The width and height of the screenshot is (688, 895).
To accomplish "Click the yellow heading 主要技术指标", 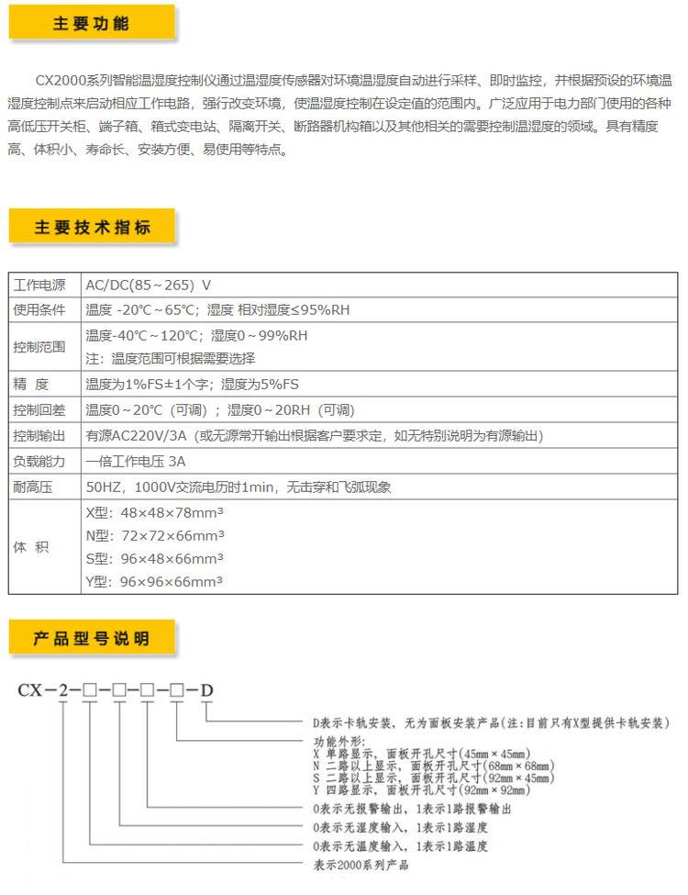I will pos(92,228).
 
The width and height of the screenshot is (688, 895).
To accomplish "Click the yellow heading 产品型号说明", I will pos(92,639).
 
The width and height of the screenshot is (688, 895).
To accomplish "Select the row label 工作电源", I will pos(39,285).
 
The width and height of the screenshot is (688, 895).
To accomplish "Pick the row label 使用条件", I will pos(39,310).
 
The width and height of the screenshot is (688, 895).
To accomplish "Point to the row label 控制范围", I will pos(39,347).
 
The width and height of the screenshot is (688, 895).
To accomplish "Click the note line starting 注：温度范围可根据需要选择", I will pos(170,359).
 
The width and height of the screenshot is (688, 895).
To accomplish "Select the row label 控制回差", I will pos(39,410).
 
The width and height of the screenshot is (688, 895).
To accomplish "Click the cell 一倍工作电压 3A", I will pos(135,462).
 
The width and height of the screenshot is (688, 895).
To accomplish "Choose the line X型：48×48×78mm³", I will pos(154,514).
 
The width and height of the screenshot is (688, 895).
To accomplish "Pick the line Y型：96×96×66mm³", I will pos(154,581).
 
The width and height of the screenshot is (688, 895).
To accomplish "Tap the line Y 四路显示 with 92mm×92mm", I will pos(431,790).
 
